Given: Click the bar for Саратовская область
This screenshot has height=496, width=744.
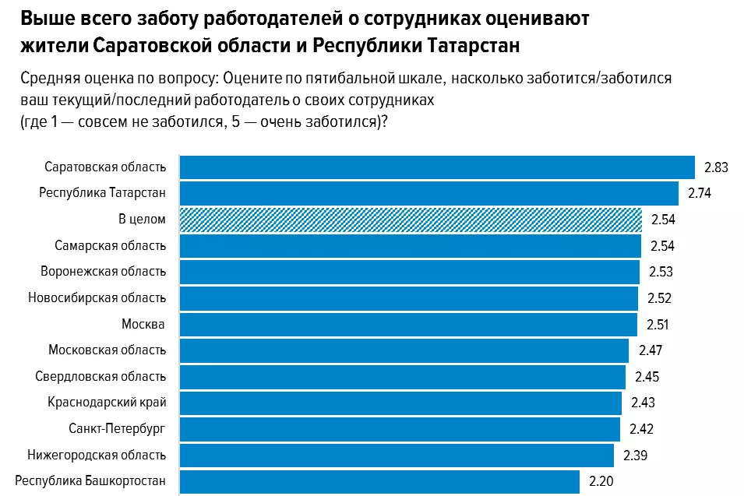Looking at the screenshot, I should pos(436,167).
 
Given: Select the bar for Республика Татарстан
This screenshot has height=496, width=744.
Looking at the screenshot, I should pos(428,193).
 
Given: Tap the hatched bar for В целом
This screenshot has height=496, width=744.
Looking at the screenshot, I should pos(411,220).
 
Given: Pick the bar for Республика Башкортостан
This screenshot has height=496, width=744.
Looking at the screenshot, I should pos(379,481).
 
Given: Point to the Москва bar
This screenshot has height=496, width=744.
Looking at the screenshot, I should pos(408,324).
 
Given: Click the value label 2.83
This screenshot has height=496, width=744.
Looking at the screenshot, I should pos(715,167).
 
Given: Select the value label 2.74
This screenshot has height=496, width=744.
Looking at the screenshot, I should pos(700,193).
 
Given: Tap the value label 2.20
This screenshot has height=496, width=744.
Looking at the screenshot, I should pos(601,481).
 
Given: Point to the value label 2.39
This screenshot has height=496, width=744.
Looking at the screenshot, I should pos(635,455).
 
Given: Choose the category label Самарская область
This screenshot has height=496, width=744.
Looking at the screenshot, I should pos(111,246).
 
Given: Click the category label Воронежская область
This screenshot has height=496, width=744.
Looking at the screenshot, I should pos(104,272).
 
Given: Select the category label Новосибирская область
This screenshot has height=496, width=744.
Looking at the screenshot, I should pos(97,297).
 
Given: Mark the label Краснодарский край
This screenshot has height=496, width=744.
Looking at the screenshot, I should pos(108,403).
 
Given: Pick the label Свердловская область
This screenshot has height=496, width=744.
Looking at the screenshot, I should pos(100,377).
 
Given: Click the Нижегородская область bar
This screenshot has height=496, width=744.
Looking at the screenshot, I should pos(397,455).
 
